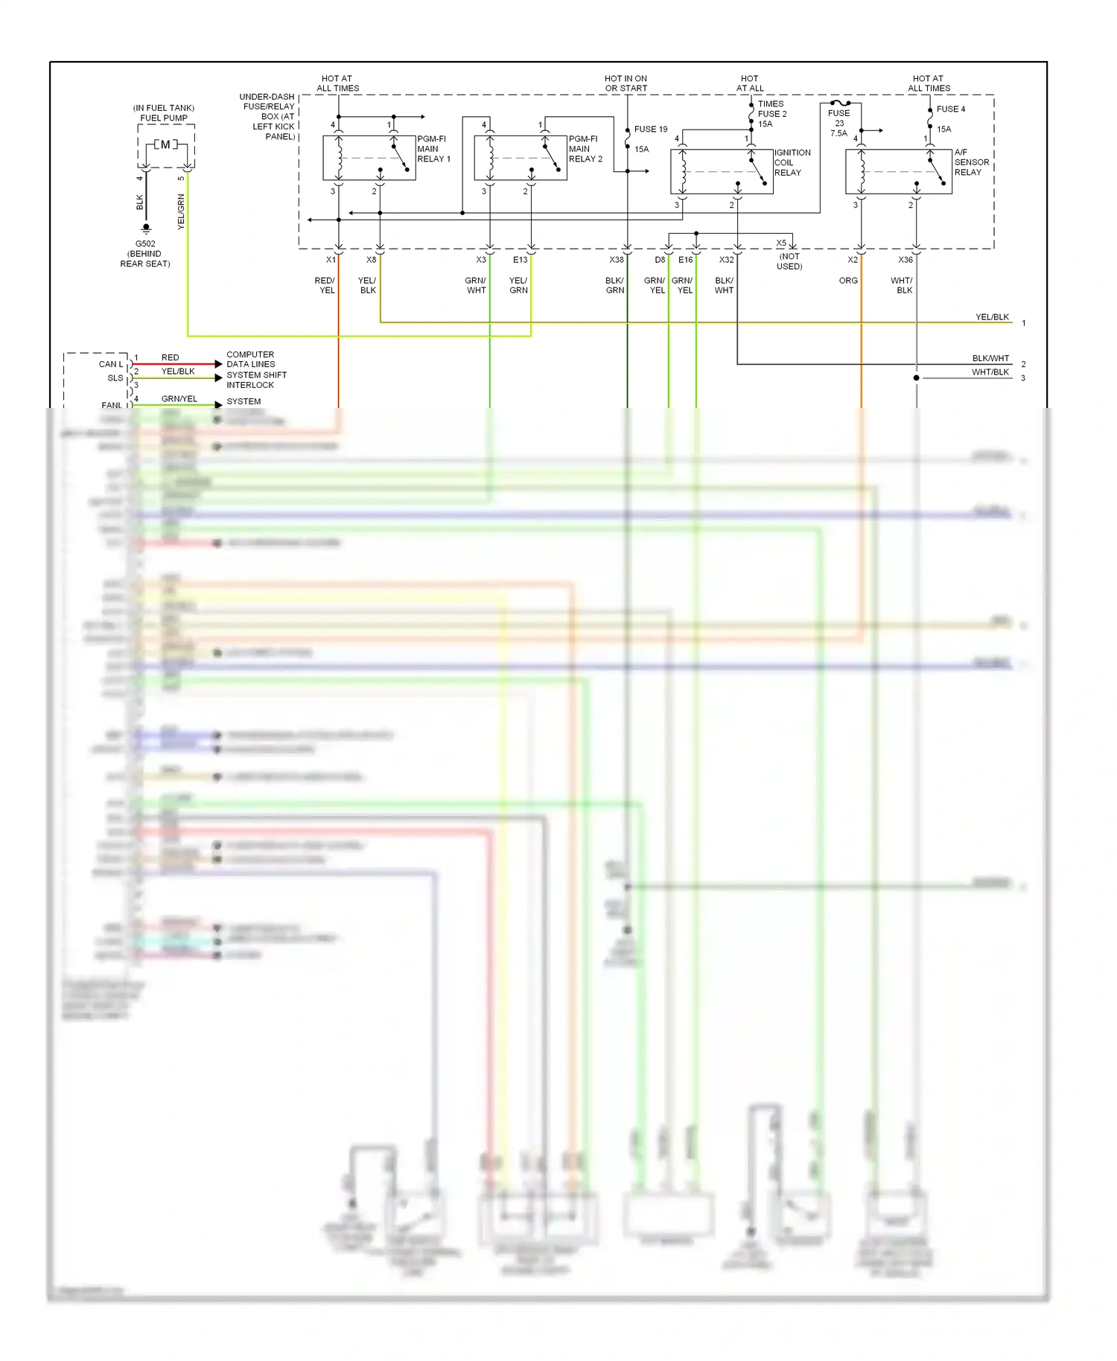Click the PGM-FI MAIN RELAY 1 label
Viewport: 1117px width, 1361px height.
point(433,149)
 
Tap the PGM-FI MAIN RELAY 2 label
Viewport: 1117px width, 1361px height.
point(585,149)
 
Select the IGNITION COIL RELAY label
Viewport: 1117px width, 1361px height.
point(792,162)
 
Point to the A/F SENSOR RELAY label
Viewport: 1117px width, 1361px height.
point(971,162)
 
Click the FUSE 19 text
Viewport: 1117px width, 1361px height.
point(650,130)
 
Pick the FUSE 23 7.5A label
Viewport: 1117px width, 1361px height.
point(838,123)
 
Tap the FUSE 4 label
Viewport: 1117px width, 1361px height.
point(950,109)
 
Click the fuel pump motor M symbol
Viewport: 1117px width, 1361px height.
point(165,144)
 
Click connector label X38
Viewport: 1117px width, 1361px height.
point(617,260)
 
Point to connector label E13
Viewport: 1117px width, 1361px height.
point(520,260)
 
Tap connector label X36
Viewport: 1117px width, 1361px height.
point(905,260)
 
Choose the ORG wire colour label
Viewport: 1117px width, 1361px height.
point(848,281)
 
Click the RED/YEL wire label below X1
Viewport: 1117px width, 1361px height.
point(325,285)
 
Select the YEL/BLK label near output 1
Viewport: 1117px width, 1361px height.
point(992,317)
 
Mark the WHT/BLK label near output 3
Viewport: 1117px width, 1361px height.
point(990,372)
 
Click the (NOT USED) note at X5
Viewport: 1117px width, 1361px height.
point(789,261)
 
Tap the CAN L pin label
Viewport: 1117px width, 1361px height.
point(110,364)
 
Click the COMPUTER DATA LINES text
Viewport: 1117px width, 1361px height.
point(250,360)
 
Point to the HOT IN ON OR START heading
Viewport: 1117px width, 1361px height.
point(626,83)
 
